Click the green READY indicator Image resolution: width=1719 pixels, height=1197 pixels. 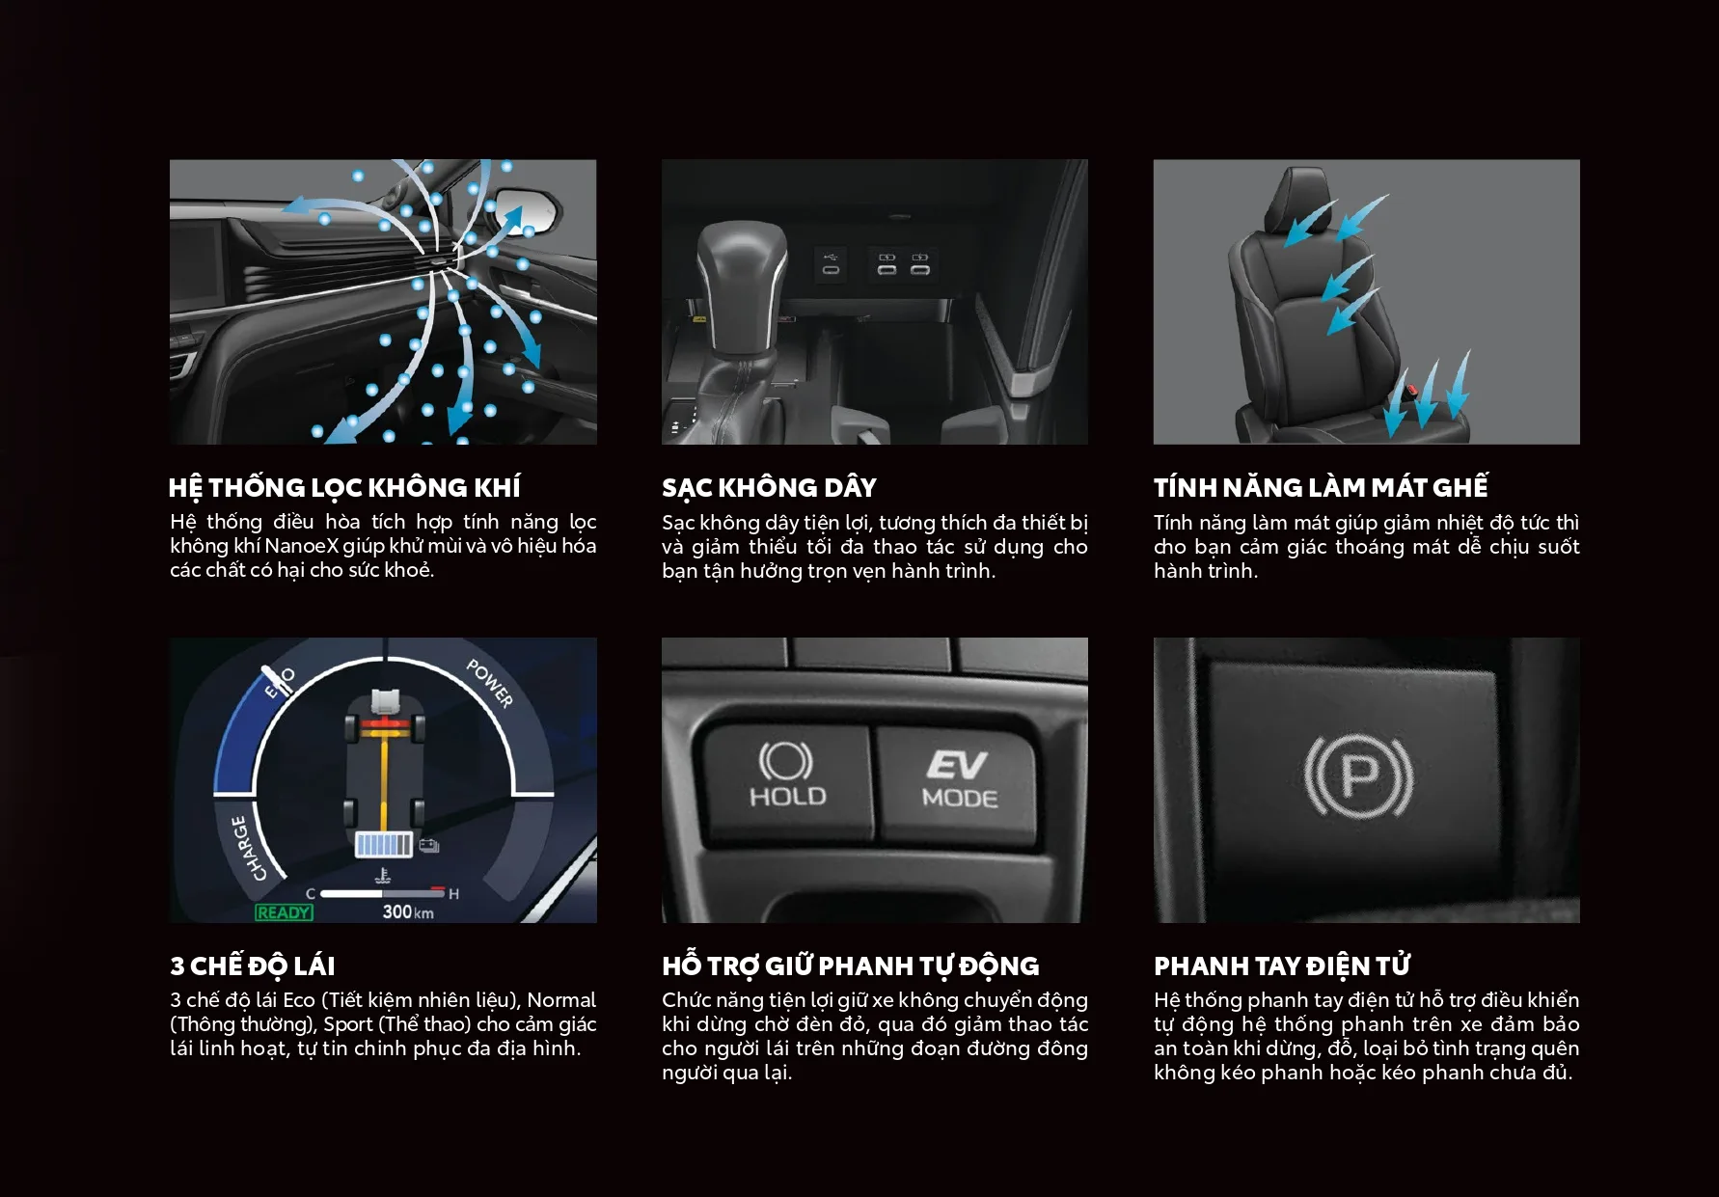(284, 911)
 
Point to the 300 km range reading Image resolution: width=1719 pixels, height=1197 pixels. (407, 911)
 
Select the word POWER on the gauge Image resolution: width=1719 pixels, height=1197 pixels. (490, 683)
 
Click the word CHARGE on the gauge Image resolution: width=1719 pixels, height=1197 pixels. (248, 848)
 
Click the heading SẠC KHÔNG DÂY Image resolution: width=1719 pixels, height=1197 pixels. (769, 488)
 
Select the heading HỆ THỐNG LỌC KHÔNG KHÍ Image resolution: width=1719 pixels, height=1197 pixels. (344, 488)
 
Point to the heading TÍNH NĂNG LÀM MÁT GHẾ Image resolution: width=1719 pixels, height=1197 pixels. (1321, 487)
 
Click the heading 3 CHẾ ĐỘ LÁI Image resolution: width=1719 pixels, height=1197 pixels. (253, 966)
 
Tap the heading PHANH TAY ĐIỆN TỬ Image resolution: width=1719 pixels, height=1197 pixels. (1282, 966)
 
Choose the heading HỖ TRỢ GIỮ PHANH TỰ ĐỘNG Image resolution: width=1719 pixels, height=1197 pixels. (851, 966)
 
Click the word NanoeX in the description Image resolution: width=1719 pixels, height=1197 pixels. (301, 546)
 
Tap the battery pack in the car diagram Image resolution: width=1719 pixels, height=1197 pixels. (384, 845)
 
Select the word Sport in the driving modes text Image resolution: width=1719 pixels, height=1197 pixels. (348, 1024)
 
